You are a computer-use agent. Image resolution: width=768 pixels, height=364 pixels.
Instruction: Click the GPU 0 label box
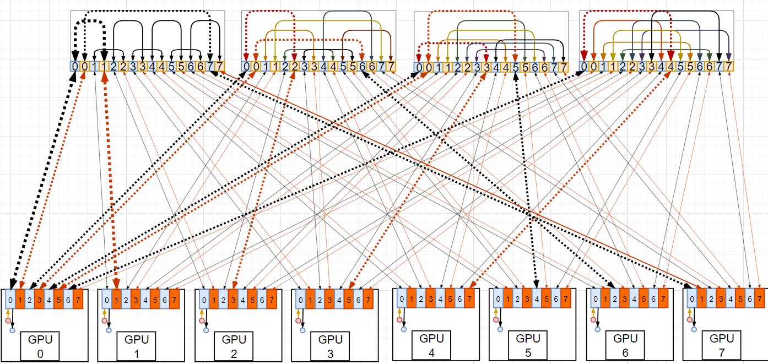(x=40, y=346)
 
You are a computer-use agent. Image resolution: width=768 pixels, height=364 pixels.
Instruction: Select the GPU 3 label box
(x=331, y=346)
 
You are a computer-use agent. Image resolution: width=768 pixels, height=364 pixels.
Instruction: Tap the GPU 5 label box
(x=528, y=345)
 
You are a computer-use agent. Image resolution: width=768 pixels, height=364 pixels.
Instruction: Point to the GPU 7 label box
(x=722, y=346)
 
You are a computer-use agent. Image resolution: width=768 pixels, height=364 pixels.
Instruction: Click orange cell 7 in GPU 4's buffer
(x=469, y=298)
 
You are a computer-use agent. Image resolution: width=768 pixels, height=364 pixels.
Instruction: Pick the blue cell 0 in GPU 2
(x=204, y=300)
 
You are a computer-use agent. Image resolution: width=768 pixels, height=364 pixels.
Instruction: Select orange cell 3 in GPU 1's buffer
(x=136, y=300)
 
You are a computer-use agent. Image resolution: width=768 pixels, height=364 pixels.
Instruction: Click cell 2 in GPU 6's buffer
(x=615, y=298)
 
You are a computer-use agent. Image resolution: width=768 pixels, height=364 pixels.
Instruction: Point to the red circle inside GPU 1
(x=105, y=320)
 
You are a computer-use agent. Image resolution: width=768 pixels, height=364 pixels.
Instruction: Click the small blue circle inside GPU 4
(x=404, y=329)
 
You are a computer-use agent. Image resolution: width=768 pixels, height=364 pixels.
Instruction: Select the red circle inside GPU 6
(x=593, y=319)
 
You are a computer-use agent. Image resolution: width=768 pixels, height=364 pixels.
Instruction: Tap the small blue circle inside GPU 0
(x=12, y=330)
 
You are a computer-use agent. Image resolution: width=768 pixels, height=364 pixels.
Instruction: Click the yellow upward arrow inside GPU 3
(x=298, y=313)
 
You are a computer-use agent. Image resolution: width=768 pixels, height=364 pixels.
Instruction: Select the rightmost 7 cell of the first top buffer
(x=220, y=67)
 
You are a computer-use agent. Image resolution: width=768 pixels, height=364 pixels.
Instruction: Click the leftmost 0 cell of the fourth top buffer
(x=583, y=67)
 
